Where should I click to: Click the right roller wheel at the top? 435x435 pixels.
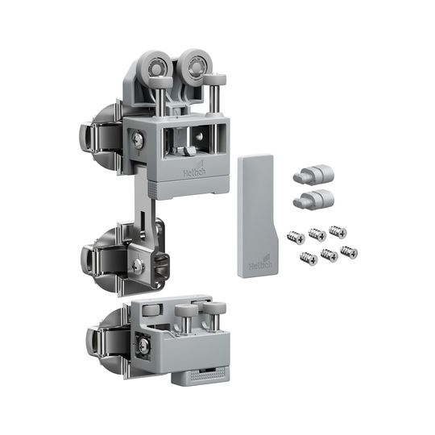coord(195,65)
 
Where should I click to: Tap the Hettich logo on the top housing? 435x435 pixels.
coord(194,171)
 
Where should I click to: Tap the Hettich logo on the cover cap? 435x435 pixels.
coord(260,264)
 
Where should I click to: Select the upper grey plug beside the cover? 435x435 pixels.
coord(313,174)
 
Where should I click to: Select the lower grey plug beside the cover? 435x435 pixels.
coord(313,199)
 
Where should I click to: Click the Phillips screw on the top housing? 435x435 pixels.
coord(138,140)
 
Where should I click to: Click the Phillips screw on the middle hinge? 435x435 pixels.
coord(138,266)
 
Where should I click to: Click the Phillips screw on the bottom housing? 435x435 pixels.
coord(143,346)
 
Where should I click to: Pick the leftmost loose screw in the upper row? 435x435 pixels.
coord(296,238)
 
